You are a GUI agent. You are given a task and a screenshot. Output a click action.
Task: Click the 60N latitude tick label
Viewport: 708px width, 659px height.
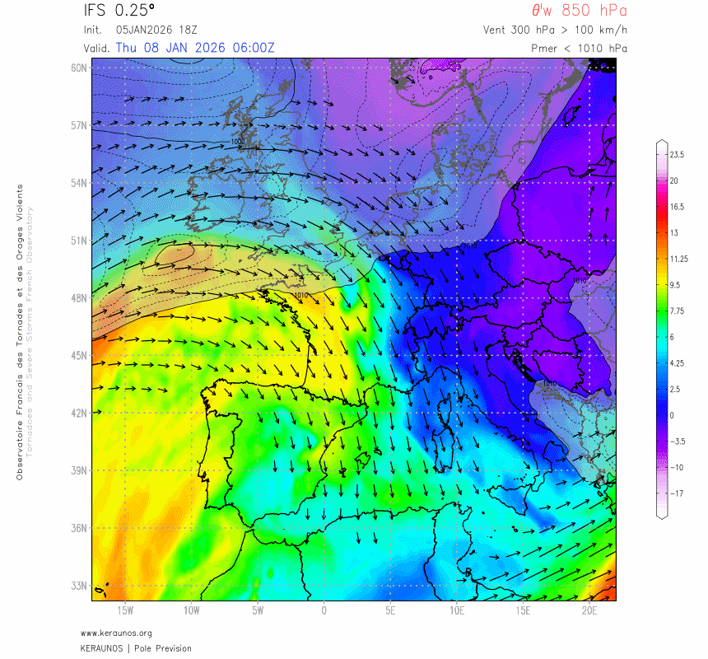pyautogui.click(x=79, y=68)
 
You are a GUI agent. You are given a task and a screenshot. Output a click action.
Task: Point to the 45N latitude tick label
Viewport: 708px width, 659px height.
pyautogui.click(x=79, y=355)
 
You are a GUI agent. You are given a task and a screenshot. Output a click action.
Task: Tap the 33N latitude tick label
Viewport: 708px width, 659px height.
pyautogui.click(x=79, y=586)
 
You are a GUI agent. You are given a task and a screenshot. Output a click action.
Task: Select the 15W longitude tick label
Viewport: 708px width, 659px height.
pyautogui.click(x=125, y=610)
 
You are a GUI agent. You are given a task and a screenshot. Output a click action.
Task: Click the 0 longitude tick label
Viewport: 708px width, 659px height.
pyautogui.click(x=324, y=610)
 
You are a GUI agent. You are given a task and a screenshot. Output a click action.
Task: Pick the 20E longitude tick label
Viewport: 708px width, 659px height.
pyautogui.click(x=589, y=610)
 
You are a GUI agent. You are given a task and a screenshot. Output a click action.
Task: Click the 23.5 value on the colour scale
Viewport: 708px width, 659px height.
pyautogui.click(x=678, y=155)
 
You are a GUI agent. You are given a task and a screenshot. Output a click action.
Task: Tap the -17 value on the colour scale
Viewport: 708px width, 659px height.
pyautogui.click(x=677, y=494)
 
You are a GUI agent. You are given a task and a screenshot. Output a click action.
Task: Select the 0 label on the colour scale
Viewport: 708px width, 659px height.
pyautogui.click(x=672, y=415)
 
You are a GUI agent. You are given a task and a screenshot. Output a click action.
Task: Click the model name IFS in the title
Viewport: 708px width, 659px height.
pyautogui.click(x=96, y=11)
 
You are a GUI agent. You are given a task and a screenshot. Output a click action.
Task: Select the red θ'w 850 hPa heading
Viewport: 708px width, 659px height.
pyautogui.click(x=579, y=11)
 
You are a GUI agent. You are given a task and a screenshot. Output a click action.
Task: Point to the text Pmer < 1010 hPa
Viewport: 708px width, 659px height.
pyautogui.click(x=580, y=48)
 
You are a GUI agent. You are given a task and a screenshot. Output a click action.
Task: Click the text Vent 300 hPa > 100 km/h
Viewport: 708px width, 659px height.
pyautogui.click(x=556, y=30)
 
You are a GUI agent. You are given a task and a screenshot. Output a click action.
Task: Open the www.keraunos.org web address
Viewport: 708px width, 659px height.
pyautogui.click(x=116, y=633)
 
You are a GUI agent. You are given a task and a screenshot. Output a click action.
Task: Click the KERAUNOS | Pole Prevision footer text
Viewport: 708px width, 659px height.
pyautogui.click(x=136, y=648)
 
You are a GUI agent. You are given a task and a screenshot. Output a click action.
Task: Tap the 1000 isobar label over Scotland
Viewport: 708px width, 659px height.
pyautogui.click(x=238, y=142)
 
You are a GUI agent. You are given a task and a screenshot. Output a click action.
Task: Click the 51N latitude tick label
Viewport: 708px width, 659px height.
pyautogui.click(x=79, y=241)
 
